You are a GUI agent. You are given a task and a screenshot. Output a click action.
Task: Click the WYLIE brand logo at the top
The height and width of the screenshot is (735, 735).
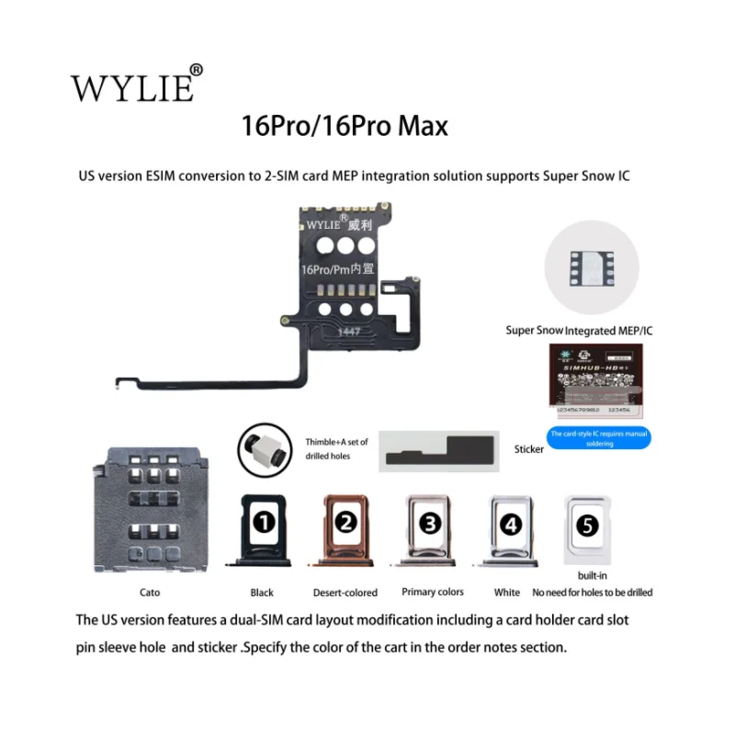click(132, 86)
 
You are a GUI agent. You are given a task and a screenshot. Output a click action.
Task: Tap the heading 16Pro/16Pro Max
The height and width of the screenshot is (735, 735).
click(345, 125)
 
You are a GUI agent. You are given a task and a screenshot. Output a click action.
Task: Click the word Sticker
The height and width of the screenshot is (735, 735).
click(529, 449)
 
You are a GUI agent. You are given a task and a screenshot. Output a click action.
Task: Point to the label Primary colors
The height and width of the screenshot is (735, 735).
click(433, 592)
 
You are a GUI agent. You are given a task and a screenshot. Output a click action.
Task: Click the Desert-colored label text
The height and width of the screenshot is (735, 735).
click(345, 593)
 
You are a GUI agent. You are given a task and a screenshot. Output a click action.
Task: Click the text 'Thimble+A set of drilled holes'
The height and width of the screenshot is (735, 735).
click(336, 448)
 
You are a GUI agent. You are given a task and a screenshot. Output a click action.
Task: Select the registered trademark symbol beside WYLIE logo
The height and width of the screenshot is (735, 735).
click(196, 70)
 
